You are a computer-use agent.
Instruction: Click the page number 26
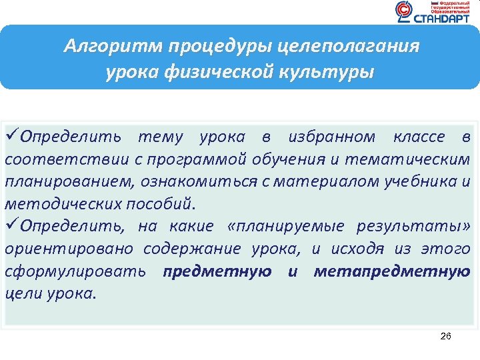tap(446, 336)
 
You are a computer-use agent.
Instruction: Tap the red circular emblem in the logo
tap(403, 11)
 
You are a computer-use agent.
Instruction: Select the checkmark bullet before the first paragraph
tap(12, 137)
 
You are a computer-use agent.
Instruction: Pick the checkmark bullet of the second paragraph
tap(12, 226)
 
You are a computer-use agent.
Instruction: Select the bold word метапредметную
tap(391, 271)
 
